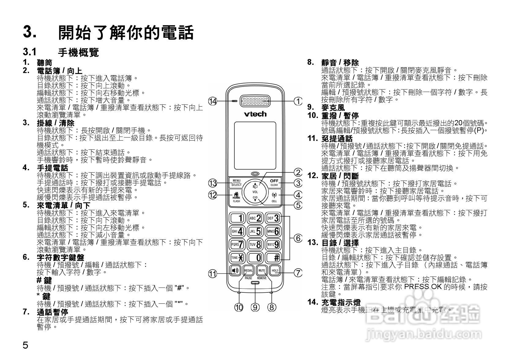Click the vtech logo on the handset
255,114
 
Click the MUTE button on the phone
262,271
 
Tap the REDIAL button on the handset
248,271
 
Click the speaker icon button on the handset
235,271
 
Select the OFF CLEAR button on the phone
274,183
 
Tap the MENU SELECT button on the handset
236,183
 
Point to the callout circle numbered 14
213,101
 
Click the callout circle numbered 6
298,238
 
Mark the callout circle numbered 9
255,307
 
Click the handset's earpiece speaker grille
255,101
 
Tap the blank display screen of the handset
255,145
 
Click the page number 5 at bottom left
26,346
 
